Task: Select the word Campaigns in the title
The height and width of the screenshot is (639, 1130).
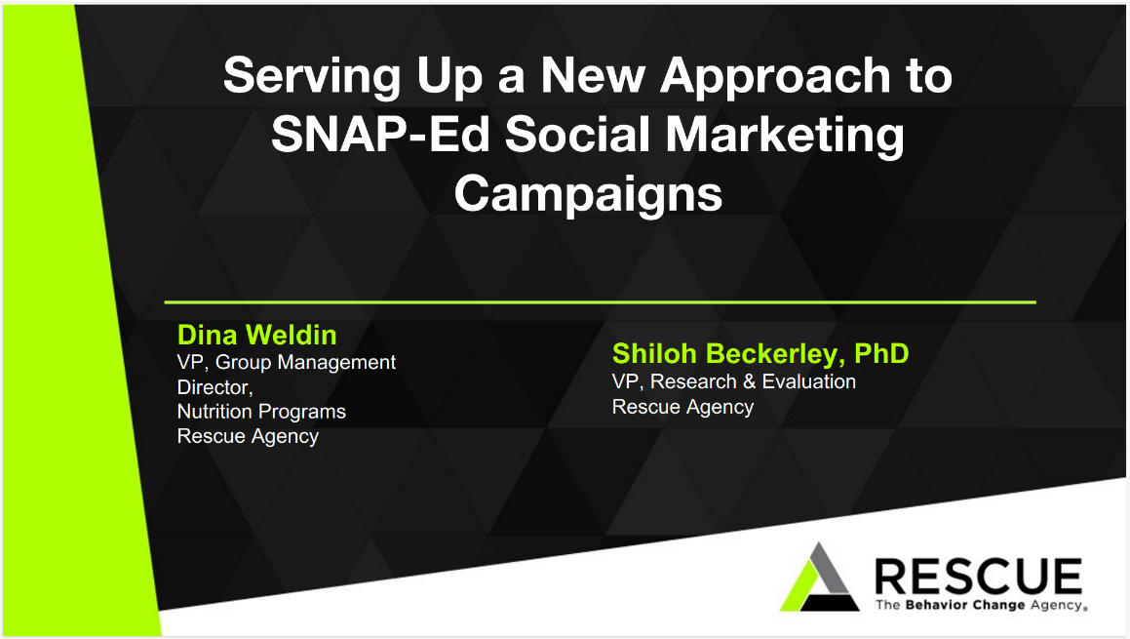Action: coord(588,192)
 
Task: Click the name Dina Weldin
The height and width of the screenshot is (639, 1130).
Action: coord(256,336)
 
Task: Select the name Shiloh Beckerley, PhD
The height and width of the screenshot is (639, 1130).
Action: coord(760,353)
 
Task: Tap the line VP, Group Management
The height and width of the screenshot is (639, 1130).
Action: coord(286,362)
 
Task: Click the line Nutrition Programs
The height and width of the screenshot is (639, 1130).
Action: coord(261,412)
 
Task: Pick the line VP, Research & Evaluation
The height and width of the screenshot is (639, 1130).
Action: coord(733,381)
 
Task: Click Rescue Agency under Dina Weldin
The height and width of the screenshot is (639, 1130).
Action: coord(248,436)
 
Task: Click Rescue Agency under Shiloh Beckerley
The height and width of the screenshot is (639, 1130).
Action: coord(682,407)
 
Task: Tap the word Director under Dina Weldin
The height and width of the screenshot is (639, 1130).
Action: coord(214,387)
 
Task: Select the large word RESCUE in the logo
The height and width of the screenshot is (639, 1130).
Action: coord(978,576)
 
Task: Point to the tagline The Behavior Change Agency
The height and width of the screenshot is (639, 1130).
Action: coord(978,606)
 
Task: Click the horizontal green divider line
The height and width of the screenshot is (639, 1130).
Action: coord(600,302)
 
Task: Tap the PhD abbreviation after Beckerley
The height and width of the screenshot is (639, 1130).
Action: coord(880,353)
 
